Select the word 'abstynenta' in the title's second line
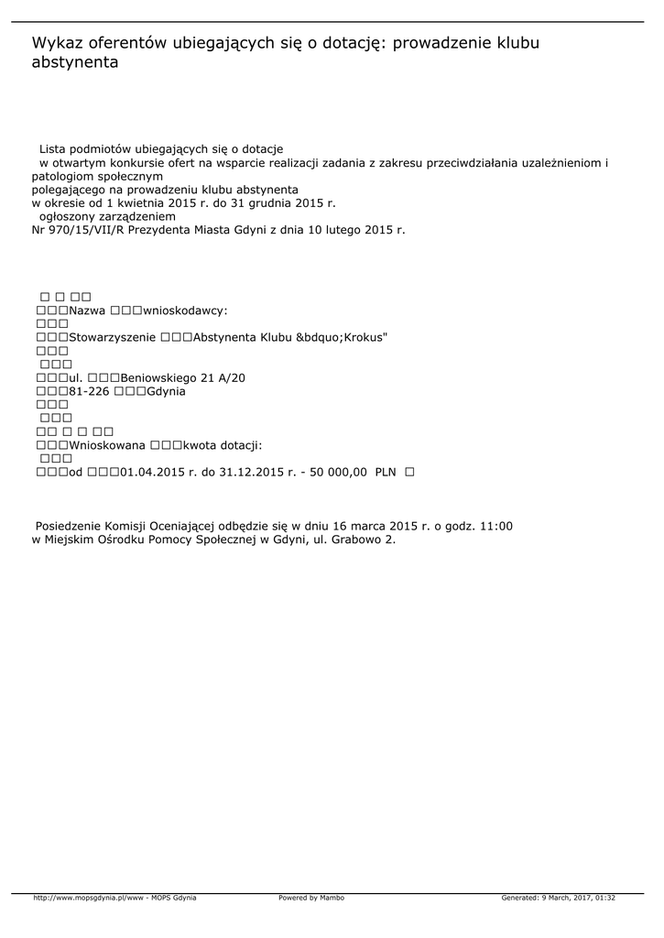pos(75,63)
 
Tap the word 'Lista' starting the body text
pos(54,148)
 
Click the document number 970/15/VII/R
pos(86,230)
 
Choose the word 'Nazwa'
pos(87,311)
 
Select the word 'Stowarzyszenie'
pos(112,337)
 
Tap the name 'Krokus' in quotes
pos(365,337)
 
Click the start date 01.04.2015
pos(151,472)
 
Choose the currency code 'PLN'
pos(386,472)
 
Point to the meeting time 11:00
pos(495,526)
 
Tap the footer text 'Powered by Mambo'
pos(311,898)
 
